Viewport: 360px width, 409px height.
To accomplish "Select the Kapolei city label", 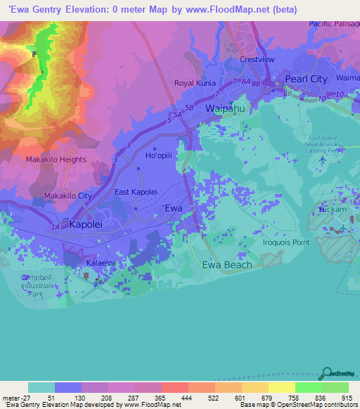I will pyautogui.click(x=88, y=225).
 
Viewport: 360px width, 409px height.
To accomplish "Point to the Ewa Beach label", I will pyautogui.click(x=226, y=265).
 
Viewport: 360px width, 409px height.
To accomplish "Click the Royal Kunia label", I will pyautogui.click(x=194, y=83).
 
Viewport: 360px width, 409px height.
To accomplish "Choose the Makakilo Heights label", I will pyautogui.click(x=56, y=160).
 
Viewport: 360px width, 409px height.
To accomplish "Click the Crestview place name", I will pyautogui.click(x=257, y=60).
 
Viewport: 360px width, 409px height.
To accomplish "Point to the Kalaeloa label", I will pyautogui.click(x=100, y=261).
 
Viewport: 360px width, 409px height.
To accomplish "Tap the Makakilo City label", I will pyautogui.click(x=68, y=195).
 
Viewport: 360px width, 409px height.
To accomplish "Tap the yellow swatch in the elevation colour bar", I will pyautogui.click(x=282, y=387).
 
